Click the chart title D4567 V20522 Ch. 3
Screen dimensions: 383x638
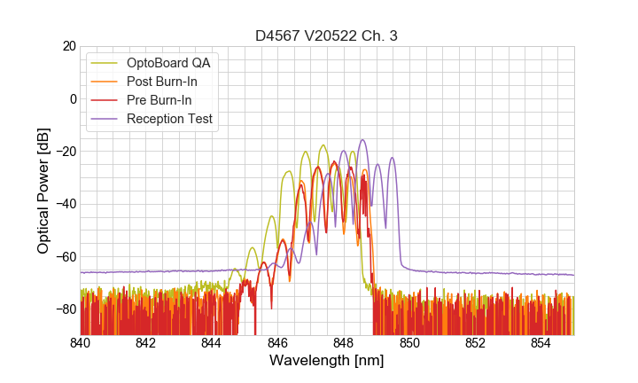(x=327, y=36)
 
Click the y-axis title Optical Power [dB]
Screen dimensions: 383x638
(x=43, y=191)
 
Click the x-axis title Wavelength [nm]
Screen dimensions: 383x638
(x=327, y=361)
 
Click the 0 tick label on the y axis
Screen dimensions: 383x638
(x=71, y=98)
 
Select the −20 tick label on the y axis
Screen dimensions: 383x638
(x=63, y=152)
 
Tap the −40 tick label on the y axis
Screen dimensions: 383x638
(x=63, y=204)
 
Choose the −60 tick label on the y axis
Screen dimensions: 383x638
(x=63, y=256)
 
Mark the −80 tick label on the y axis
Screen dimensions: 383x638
(x=63, y=309)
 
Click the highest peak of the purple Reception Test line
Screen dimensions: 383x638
(x=362, y=140)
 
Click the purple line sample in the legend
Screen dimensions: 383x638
(x=105, y=119)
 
